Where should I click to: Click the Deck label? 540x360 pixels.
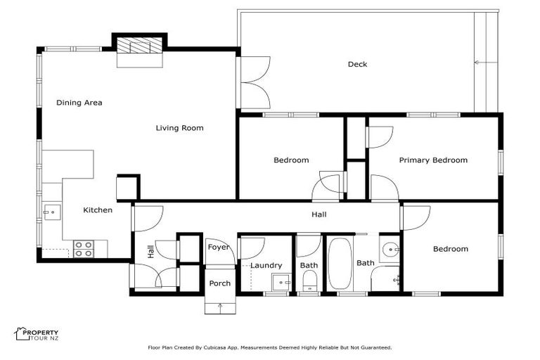point(357,65)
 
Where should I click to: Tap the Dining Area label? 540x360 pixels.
point(79,103)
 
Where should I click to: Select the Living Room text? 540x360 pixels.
point(179,128)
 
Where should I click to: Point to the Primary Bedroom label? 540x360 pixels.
point(433,160)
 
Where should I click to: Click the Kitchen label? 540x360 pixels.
point(98,210)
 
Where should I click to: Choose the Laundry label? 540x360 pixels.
point(266,266)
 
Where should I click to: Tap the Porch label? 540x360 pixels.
point(219,283)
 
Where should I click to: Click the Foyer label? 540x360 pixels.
point(217,247)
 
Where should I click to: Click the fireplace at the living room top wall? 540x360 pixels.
point(140,47)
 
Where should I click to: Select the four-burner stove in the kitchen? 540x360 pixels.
point(84,248)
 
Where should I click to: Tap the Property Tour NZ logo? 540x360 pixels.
point(37,335)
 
